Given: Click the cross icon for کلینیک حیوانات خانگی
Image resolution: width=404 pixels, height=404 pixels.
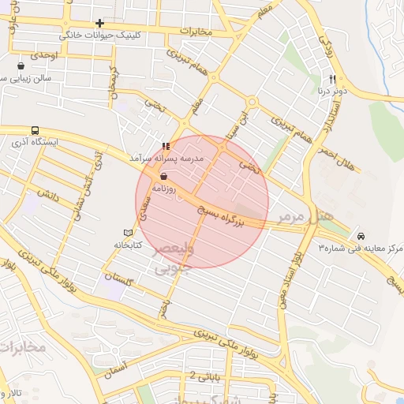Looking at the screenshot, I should pyautogui.click(x=99, y=24).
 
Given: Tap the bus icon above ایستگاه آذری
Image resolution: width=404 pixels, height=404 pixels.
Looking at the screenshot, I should pyautogui.click(x=35, y=130).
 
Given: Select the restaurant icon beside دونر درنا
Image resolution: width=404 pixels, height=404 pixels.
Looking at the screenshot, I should pyautogui.click(x=332, y=79).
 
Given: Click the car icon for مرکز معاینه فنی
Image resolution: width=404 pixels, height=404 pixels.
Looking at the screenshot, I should pyautogui.click(x=361, y=236).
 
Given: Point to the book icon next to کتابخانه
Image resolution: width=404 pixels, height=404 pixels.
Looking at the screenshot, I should pyautogui.click(x=129, y=233).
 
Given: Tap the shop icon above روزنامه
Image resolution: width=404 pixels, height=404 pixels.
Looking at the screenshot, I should pyautogui.click(x=163, y=177).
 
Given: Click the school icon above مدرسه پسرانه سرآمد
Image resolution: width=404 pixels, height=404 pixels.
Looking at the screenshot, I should pyautogui.click(x=166, y=146).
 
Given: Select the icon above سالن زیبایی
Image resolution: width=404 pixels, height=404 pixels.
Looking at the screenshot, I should pyautogui.click(x=20, y=66).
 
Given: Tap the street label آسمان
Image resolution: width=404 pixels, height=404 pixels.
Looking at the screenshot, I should pyautogui.click(x=115, y=367).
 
